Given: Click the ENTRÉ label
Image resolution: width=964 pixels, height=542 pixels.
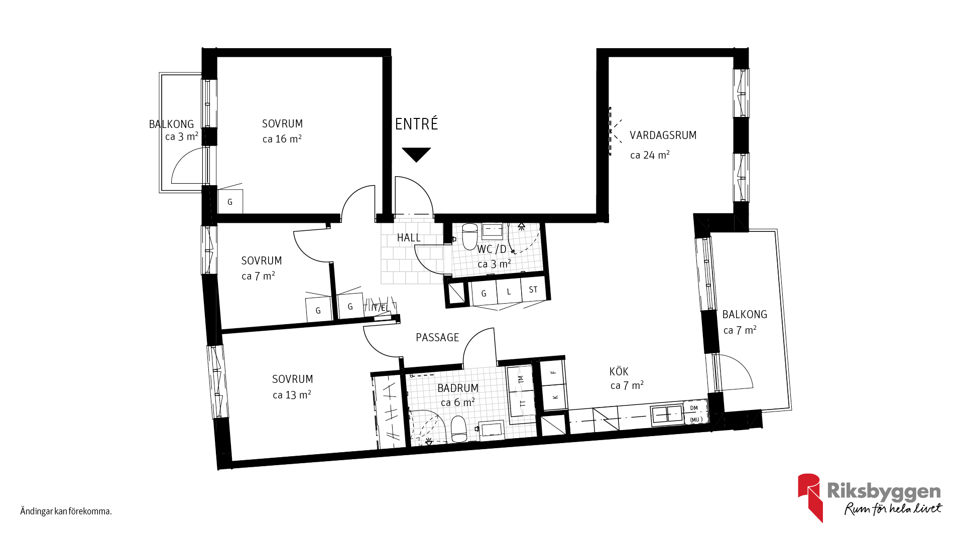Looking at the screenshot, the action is point(416,123).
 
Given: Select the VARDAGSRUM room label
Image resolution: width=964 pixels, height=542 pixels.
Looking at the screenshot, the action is point(663,135).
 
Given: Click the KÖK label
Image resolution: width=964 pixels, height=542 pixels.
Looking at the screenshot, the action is point(619,371).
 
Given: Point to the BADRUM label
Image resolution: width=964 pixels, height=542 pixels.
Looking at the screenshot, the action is point(457,388).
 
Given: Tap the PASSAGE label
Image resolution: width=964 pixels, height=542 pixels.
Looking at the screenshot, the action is point(437,337).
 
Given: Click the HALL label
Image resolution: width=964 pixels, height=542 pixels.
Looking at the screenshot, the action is point(409,237).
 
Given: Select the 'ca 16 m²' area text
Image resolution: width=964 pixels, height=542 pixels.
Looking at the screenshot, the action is point(282,139).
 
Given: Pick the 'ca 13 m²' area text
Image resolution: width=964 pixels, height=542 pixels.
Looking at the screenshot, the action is point(292,395).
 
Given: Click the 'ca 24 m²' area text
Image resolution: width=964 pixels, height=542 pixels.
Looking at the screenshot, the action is point(650,155).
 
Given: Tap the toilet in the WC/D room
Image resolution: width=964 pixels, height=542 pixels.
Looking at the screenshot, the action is point(469,236).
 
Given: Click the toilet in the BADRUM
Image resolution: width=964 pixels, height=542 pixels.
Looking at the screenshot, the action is point(459,429).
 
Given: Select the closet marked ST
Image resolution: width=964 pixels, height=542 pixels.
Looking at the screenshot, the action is point(533,290).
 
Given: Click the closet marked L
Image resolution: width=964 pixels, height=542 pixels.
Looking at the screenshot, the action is point(509,292).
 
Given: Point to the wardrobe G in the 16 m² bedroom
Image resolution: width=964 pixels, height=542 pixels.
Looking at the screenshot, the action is point(230,202).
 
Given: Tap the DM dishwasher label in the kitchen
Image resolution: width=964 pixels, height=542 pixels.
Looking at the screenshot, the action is point(694,408).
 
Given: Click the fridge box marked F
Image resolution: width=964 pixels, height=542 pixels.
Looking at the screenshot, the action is point(553,372).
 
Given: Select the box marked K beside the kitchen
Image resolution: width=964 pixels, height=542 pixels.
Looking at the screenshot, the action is point(555,397).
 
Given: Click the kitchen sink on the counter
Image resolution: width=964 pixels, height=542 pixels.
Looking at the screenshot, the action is point(667,415).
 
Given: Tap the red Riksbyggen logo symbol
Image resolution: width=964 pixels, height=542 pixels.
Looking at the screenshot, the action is point(810,496).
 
